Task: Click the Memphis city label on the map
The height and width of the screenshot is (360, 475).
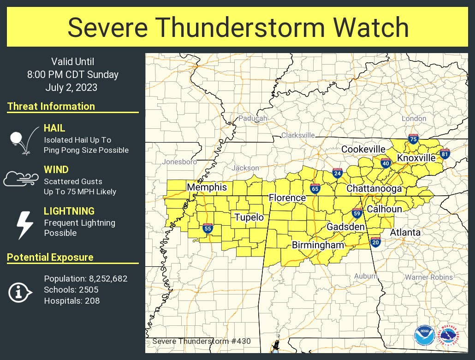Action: point(207,187)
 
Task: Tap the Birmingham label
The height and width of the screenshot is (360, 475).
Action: point(318,245)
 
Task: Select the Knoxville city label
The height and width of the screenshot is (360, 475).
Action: point(416,158)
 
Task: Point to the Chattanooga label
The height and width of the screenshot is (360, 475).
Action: point(374,188)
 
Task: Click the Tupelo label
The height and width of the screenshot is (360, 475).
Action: point(249,217)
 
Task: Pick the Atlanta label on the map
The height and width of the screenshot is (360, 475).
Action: point(405,232)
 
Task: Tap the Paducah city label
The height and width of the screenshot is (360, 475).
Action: point(252,119)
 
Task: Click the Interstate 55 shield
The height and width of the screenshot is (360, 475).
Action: point(208,228)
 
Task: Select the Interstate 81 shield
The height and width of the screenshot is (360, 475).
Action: point(445,154)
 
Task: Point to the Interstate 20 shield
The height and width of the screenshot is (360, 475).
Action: point(375,241)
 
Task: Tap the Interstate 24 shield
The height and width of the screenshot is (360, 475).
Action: point(338,173)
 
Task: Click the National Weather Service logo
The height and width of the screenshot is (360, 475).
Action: point(449,335)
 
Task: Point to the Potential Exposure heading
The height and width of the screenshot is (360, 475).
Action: point(50,258)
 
